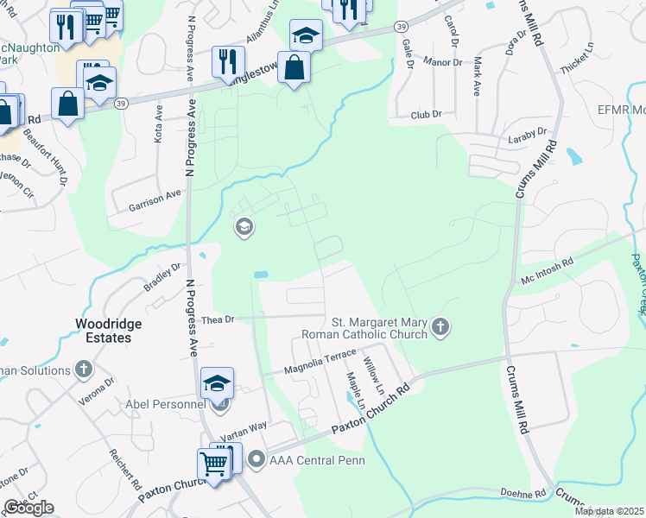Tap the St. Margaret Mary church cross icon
[x=441, y=326]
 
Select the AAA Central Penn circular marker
[x=256, y=459]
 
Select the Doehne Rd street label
[x=523, y=493]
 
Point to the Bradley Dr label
[x=162, y=278]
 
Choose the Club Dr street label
[x=427, y=114]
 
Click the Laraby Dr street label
[x=529, y=135]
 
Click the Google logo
[x=28, y=508]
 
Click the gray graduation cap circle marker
[x=244, y=227]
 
